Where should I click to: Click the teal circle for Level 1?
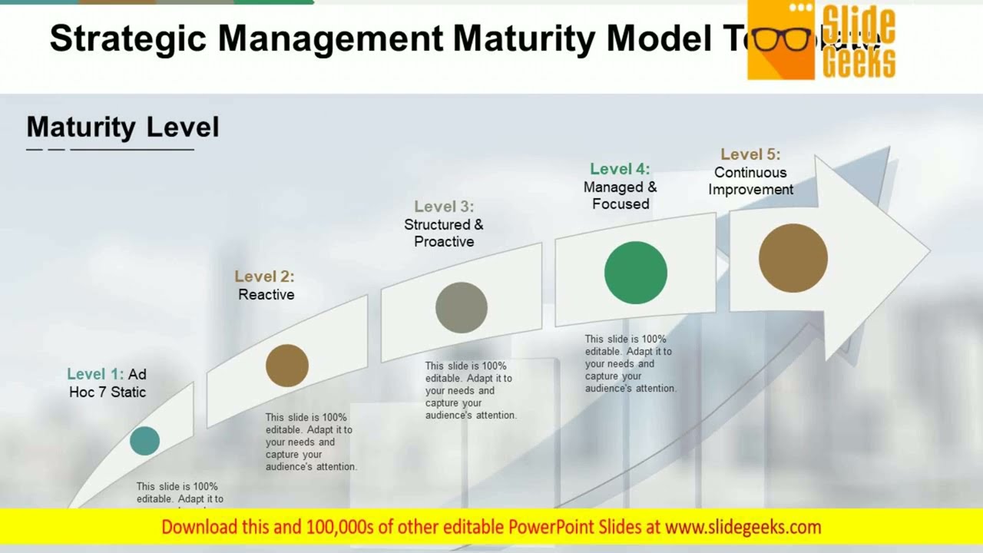(x=144, y=441)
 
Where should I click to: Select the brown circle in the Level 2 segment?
(x=287, y=366)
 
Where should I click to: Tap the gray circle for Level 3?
(x=462, y=307)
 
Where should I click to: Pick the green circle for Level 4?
(x=636, y=273)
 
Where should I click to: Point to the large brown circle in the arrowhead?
(x=793, y=258)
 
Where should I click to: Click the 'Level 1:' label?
(x=95, y=374)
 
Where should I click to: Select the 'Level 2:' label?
(x=264, y=276)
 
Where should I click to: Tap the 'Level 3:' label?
(x=444, y=207)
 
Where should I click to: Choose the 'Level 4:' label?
(x=620, y=169)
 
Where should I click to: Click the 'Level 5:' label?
(x=750, y=154)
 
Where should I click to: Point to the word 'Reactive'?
(x=266, y=295)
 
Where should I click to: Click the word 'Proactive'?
(x=444, y=242)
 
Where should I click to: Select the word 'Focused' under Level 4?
(x=621, y=204)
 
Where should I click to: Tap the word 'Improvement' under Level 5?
(x=750, y=190)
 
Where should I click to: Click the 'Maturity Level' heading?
(x=123, y=127)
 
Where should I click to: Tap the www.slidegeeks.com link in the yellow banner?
(x=743, y=527)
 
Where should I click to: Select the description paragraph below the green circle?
(x=630, y=364)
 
